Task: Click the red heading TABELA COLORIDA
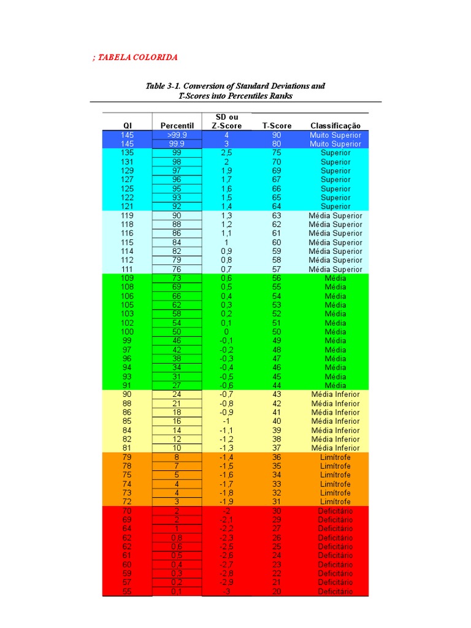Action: pyautogui.click(x=137, y=57)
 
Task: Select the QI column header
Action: pyautogui.click(x=127, y=126)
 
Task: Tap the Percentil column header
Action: pyautogui.click(x=177, y=126)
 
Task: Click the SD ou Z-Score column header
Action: pyautogui.click(x=226, y=121)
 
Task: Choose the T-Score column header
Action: pyautogui.click(x=277, y=126)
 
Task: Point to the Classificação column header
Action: pyautogui.click(x=335, y=126)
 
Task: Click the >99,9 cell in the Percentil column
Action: pyautogui.click(x=177, y=135)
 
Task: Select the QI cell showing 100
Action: pyautogui.click(x=127, y=332)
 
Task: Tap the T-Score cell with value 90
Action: pyautogui.click(x=277, y=135)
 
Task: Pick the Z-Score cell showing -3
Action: pyautogui.click(x=226, y=591)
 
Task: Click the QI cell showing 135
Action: pyautogui.click(x=127, y=153)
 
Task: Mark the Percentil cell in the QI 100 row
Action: pyautogui.click(x=177, y=332)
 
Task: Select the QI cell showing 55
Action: pyautogui.click(x=127, y=591)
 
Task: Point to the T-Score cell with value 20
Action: pyautogui.click(x=277, y=591)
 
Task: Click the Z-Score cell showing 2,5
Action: pyautogui.click(x=226, y=153)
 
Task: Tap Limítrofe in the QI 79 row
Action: pyautogui.click(x=335, y=457)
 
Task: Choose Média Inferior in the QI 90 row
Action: pyautogui.click(x=335, y=394)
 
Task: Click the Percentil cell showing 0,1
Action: pyautogui.click(x=177, y=591)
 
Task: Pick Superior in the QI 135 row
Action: pyautogui.click(x=335, y=153)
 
